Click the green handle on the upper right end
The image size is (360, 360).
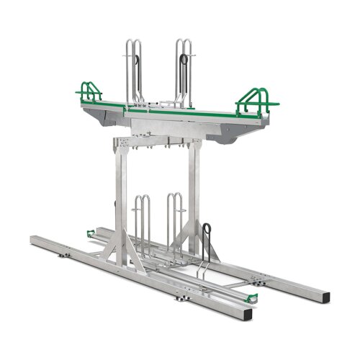256,96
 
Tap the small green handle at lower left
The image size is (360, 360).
90,233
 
